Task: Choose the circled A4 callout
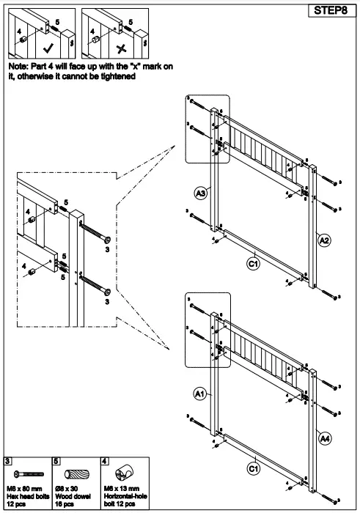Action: tap(323, 438)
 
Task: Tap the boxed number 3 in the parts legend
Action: tap(7, 460)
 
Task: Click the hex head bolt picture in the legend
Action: tap(26, 474)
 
